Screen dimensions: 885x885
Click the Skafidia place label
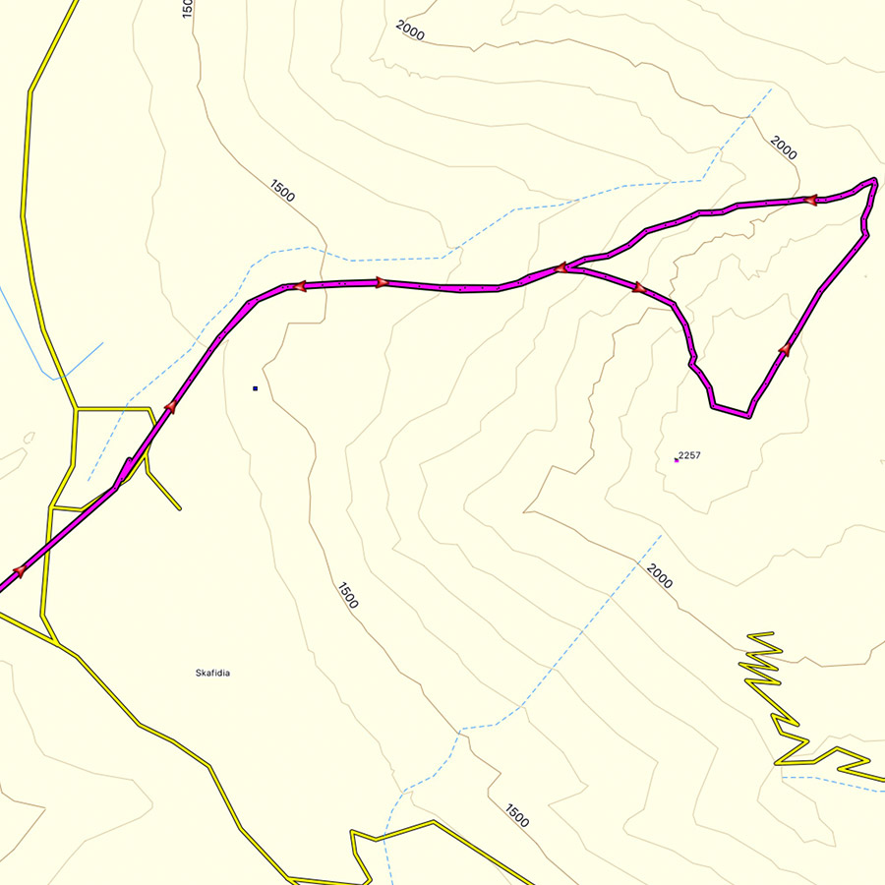pyautogui.click(x=213, y=674)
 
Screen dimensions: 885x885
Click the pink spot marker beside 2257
pyautogui.click(x=677, y=459)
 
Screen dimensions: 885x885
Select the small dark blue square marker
pyautogui.click(x=255, y=388)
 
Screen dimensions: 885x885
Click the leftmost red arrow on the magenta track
pyautogui.click(x=18, y=570)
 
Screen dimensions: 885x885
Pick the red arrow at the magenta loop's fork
pyautogui.click(x=560, y=266)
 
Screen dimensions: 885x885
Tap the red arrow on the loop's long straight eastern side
pyautogui.click(x=785, y=348)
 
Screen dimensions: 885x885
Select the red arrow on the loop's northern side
pyautogui.click(x=810, y=200)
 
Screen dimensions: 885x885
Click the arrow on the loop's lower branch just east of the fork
pyautogui.click(x=637, y=287)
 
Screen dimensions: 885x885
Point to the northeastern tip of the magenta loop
pyautogui.click(x=872, y=181)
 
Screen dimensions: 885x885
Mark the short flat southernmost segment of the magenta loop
pyautogui.click(x=731, y=410)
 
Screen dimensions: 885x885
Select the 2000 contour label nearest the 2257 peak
pyautogui.click(x=660, y=576)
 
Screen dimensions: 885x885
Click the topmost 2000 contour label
pyautogui.click(x=410, y=29)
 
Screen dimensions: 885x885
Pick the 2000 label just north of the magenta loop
pyautogui.click(x=784, y=148)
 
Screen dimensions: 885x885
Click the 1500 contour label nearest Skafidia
pyautogui.click(x=347, y=596)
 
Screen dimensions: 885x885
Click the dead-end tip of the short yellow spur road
pyautogui.click(x=180, y=508)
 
